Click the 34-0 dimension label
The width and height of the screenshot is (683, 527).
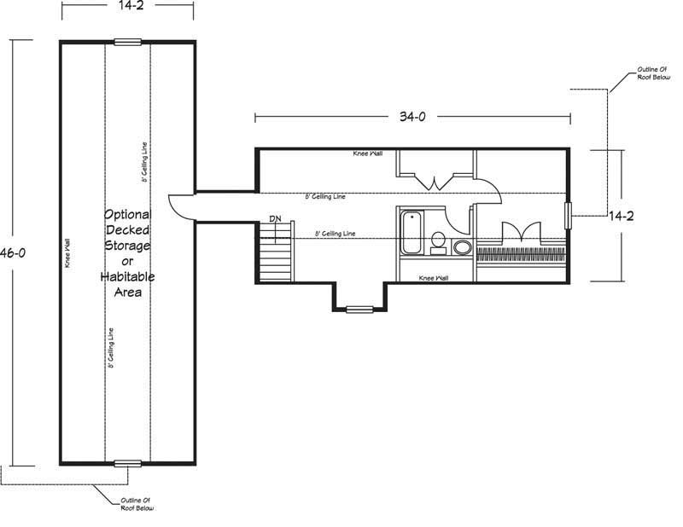tap(412, 117)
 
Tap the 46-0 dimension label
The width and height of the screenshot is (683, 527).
tap(13, 252)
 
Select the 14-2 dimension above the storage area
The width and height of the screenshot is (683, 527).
tap(131, 5)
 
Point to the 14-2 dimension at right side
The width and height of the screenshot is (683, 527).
tap(622, 216)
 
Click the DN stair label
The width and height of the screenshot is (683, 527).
tap(275, 218)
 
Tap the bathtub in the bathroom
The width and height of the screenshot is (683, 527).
tap(412, 233)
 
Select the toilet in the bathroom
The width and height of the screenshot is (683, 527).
tap(438, 243)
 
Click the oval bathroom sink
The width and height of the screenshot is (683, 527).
tap(462, 247)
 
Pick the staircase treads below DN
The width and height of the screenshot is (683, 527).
tap(275, 252)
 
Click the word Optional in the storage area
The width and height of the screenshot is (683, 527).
tap(127, 215)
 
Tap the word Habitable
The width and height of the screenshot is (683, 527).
tap(127, 277)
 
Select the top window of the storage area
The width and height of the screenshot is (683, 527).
tap(127, 43)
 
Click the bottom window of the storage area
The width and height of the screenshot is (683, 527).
tap(127, 463)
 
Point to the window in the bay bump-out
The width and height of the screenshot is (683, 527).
tap(359, 310)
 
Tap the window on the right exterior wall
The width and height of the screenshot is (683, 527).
tap(568, 216)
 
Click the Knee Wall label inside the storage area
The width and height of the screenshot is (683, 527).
tap(67, 254)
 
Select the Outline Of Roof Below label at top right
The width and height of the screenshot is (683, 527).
tap(654, 73)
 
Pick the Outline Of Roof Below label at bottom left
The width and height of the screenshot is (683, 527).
tap(137, 504)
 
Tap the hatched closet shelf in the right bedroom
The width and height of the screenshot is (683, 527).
tap(521, 254)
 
